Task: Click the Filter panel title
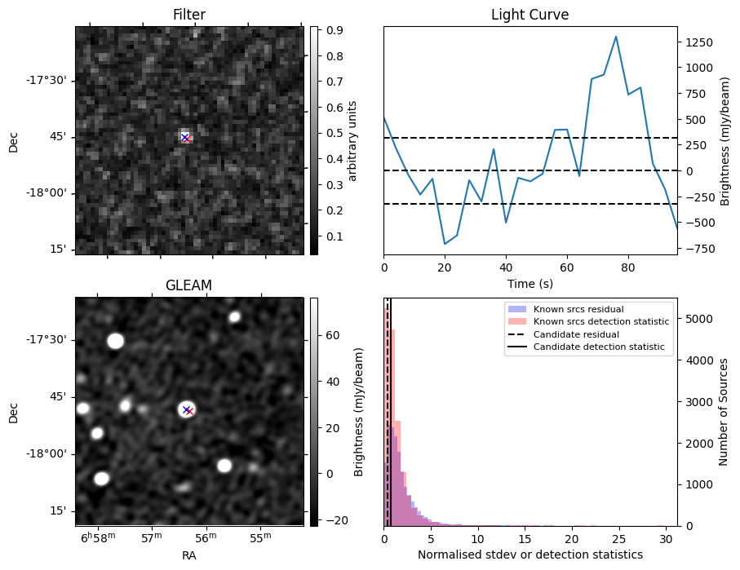click(189, 15)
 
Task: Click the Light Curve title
click(530, 15)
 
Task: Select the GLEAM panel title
click(189, 285)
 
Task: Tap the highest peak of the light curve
click(616, 37)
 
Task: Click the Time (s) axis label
click(530, 282)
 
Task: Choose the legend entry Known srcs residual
click(578, 309)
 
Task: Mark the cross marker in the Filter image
click(185, 137)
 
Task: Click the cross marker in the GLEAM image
click(187, 409)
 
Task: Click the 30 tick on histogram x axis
click(666, 538)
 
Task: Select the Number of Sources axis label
click(724, 411)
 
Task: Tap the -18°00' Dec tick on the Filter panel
click(51, 192)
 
